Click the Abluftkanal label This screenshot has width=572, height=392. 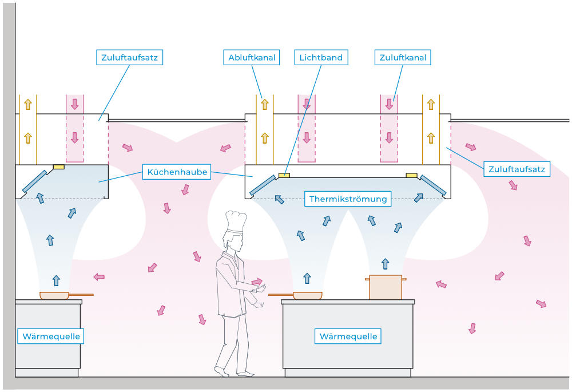[x=252, y=57]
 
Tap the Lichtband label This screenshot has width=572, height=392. [x=321, y=57]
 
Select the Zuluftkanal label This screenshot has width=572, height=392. [x=403, y=57]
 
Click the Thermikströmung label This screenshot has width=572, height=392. [x=348, y=199]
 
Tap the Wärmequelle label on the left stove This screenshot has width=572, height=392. [x=51, y=336]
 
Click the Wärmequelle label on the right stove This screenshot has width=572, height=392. [x=348, y=336]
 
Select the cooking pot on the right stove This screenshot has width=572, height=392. [x=386, y=287]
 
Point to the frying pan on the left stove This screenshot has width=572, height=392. [x=54, y=295]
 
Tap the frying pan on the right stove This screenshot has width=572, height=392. [x=307, y=295]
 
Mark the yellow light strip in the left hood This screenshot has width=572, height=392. [x=58, y=167]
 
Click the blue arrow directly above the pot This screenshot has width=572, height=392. [x=386, y=264]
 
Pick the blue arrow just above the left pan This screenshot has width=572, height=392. [x=56, y=280]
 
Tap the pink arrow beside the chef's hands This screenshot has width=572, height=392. [x=257, y=282]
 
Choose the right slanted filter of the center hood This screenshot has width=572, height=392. [x=433, y=184]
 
